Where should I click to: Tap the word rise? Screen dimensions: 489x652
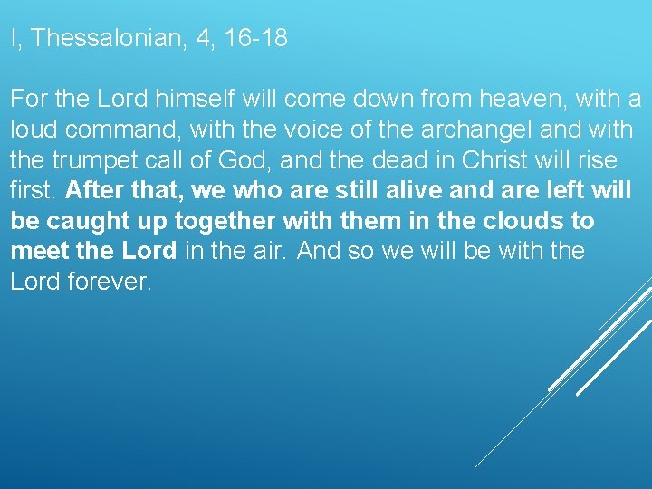pyautogui.click(x=598, y=160)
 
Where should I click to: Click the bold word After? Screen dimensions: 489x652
pyautogui.click(x=93, y=191)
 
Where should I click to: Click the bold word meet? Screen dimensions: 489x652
pyautogui.click(x=39, y=251)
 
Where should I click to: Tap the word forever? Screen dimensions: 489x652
pyautogui.click(x=109, y=281)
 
